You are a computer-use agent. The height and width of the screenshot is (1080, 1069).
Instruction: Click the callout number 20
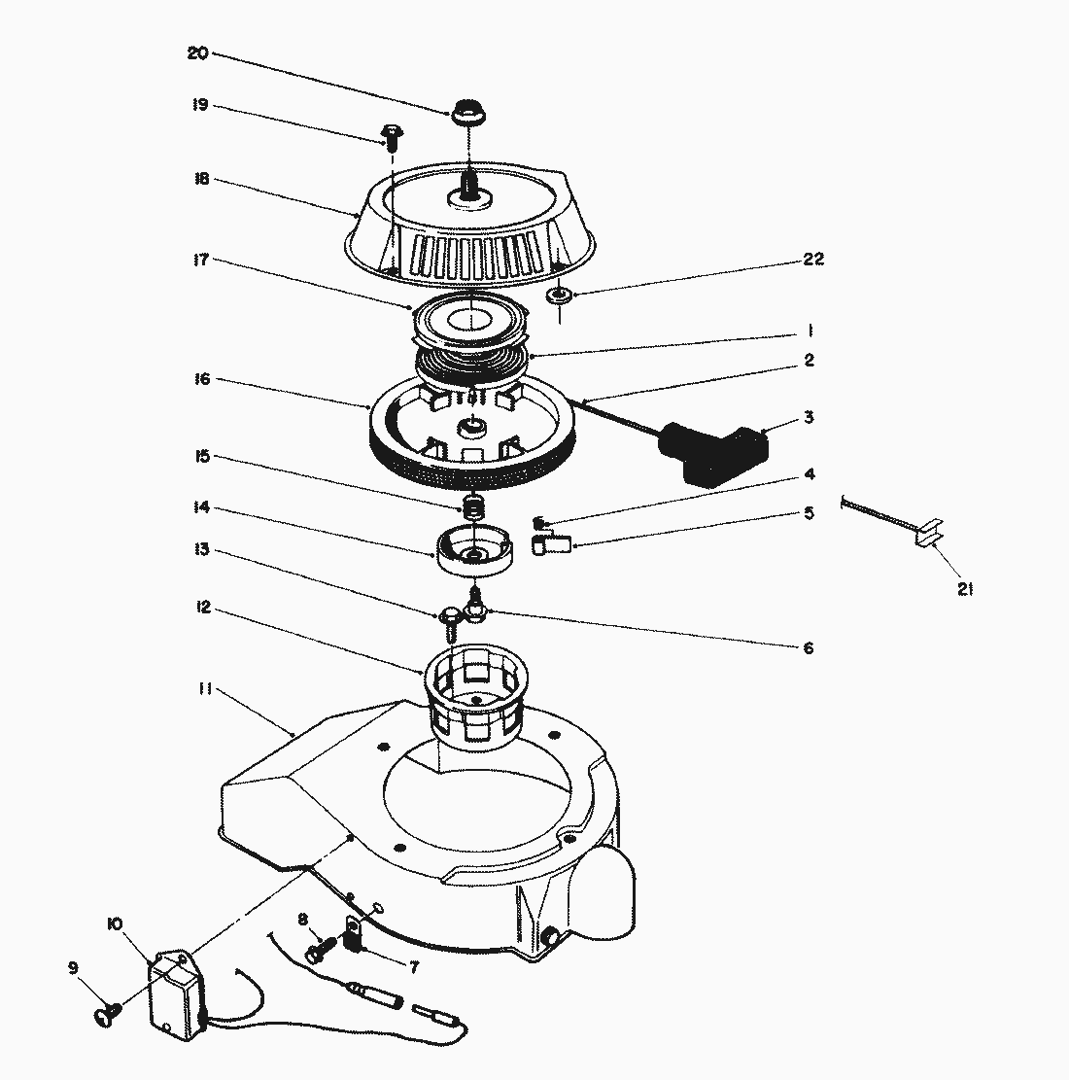coord(196,53)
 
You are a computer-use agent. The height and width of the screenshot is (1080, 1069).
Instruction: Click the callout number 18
coord(201,180)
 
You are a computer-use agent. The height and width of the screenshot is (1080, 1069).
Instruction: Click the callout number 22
coord(812,260)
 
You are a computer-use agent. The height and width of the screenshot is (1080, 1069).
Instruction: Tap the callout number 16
coord(201,379)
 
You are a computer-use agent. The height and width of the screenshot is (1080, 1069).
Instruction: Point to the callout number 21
coord(964,588)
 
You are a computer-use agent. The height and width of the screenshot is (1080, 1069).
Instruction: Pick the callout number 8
coord(302,919)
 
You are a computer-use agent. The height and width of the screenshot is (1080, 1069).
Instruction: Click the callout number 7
coord(414,967)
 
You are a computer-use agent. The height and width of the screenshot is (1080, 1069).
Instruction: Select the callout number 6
coord(808,648)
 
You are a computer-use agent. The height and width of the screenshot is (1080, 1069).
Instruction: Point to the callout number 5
coord(809,513)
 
